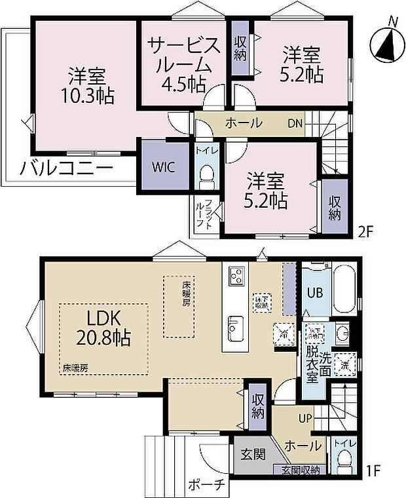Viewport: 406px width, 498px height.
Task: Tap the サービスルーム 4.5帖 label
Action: coord(183,64)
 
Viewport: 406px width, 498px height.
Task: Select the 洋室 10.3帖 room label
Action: coord(85,85)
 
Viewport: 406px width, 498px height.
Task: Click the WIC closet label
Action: coord(163,166)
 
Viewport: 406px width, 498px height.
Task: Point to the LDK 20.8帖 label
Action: coord(101,328)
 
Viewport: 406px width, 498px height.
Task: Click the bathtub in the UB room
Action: coord(346,290)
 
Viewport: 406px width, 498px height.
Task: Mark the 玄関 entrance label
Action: coord(251,453)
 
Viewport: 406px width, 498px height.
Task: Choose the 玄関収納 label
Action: coord(301,470)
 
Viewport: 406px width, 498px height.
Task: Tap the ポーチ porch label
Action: coord(208,486)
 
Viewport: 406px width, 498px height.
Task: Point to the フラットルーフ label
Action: coord(204,214)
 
